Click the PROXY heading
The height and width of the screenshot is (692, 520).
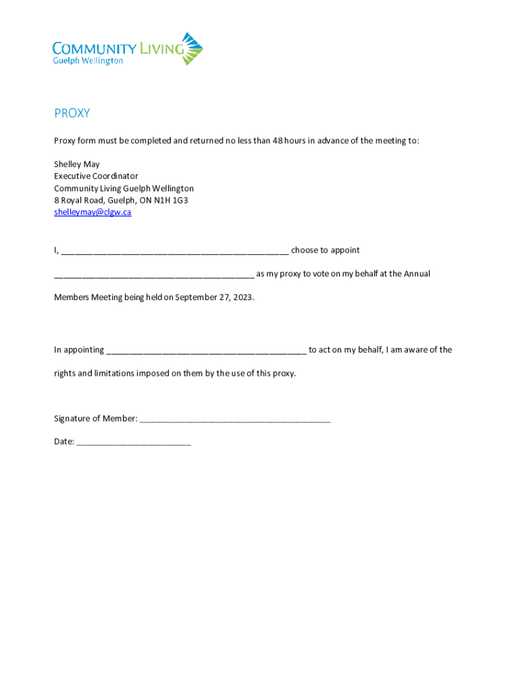(72, 114)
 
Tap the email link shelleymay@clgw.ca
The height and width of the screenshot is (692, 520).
(93, 212)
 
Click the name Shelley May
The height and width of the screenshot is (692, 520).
(77, 164)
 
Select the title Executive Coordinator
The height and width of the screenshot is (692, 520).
(96, 176)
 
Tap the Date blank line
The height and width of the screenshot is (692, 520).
(134, 443)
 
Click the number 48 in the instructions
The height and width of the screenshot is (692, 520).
(277, 141)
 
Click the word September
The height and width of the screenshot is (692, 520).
(195, 297)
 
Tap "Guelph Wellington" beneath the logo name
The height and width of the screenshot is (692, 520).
(88, 61)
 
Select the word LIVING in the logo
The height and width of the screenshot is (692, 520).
(160, 49)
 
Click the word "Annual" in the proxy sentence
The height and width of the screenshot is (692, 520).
(417, 274)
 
